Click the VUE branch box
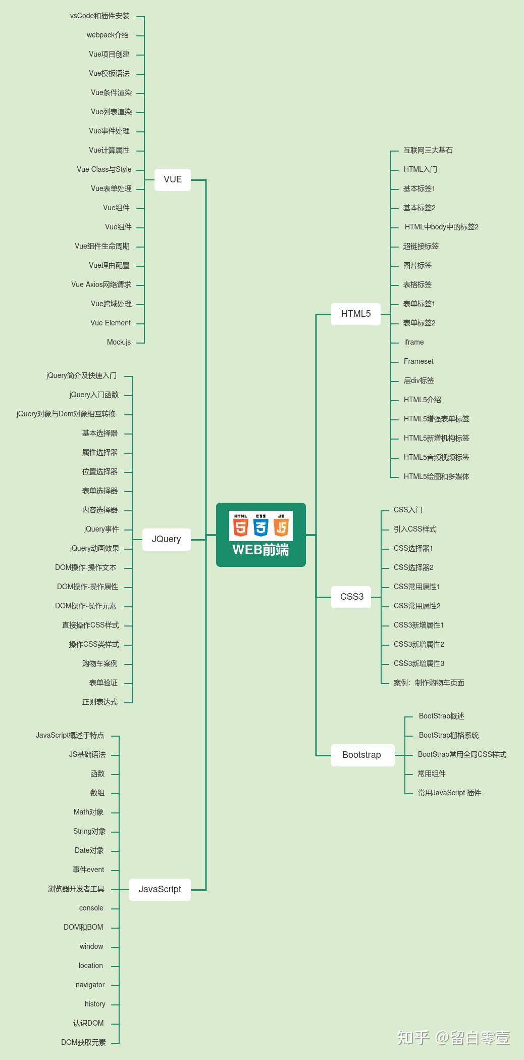(x=172, y=179)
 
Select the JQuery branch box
(x=166, y=539)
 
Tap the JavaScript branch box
(x=160, y=889)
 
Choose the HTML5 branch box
(x=355, y=314)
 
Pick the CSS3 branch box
(x=351, y=597)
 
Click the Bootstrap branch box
(x=361, y=755)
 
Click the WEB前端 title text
(x=260, y=550)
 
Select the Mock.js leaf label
(x=119, y=342)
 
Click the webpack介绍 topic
(x=108, y=35)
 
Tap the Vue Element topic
(x=111, y=323)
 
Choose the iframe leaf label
(x=414, y=342)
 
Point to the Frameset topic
(x=418, y=361)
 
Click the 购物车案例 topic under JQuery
(x=99, y=663)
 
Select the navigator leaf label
(x=90, y=985)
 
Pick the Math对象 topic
(x=88, y=812)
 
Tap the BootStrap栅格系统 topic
(x=448, y=735)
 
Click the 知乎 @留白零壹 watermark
(x=453, y=1038)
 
